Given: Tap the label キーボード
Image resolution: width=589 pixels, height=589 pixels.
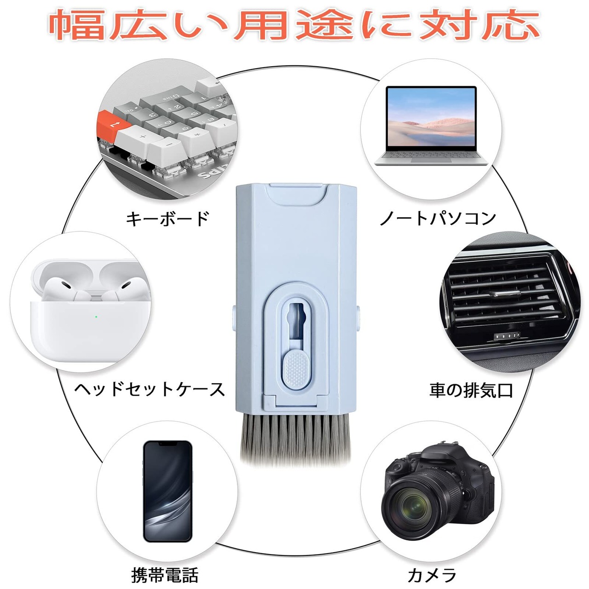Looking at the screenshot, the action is (x=167, y=219).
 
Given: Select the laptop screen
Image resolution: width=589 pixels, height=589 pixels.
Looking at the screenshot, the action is (x=431, y=117).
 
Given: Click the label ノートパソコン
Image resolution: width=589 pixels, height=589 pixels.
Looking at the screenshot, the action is (x=438, y=219).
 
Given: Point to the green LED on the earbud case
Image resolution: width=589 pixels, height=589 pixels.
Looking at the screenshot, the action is (x=95, y=316).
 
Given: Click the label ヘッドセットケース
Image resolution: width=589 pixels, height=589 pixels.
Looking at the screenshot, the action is (x=149, y=390).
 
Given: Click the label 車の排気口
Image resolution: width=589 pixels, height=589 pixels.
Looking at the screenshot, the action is (x=471, y=390).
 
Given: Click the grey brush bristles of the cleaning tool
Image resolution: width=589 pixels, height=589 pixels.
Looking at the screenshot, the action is (x=297, y=439).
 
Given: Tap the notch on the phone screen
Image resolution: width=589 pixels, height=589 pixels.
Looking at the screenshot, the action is (x=167, y=445).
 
